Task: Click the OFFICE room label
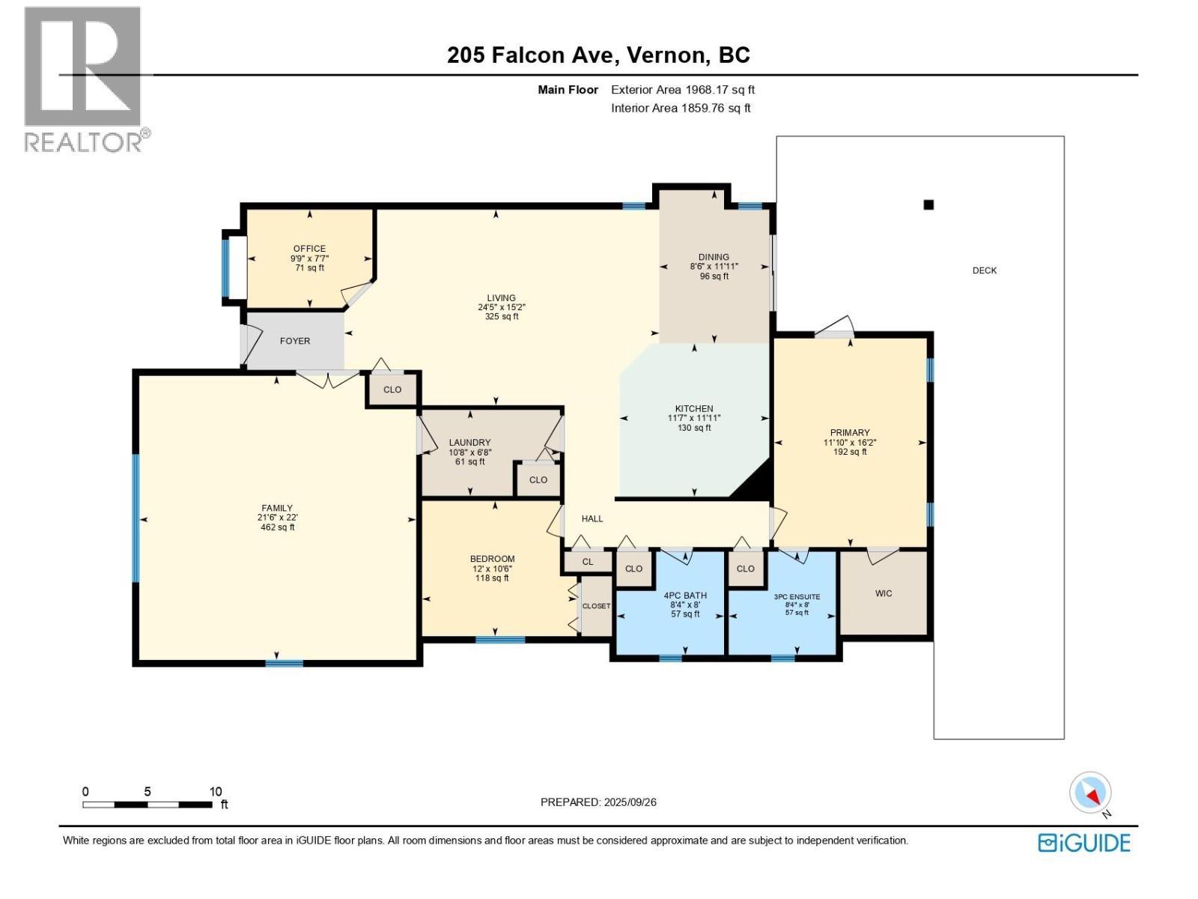click(309, 249)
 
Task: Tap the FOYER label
click(295, 341)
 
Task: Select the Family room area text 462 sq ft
click(277, 527)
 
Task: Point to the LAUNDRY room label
click(469, 443)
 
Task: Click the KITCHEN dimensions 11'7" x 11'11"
click(694, 418)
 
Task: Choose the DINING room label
click(714, 257)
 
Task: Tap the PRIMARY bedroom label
click(850, 432)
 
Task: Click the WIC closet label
click(884, 593)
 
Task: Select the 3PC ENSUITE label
click(797, 597)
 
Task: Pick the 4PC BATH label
click(685, 596)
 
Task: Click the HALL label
click(592, 518)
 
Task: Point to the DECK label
click(985, 270)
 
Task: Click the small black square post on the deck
click(928, 205)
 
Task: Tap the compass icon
click(1091, 793)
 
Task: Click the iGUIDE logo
click(1084, 843)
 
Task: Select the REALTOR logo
click(83, 79)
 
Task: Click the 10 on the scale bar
click(216, 792)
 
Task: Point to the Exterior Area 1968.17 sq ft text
click(682, 90)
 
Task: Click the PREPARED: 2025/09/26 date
click(598, 802)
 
